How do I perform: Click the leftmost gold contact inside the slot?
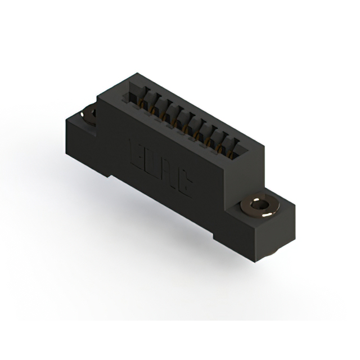click(x=139, y=102)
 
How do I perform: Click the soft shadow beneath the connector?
click(x=169, y=236)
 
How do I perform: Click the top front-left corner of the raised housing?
click(x=98, y=99)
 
